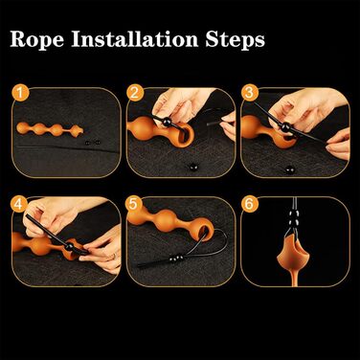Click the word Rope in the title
tap(36, 39)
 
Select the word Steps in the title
tap(235, 40)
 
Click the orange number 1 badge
tap(20, 93)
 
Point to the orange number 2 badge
tap(135, 93)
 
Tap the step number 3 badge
tap(249, 93)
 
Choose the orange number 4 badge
tap(18, 204)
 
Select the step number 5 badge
tap(133, 204)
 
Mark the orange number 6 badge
tap(249, 204)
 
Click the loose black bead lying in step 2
tap(193, 167)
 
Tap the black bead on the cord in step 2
tap(168, 122)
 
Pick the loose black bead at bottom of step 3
tap(289, 169)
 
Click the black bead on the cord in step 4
tap(70, 247)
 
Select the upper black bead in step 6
tap(294, 214)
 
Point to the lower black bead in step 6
tap(294, 221)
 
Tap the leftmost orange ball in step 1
tap(24, 127)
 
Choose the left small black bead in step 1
tap(88, 144)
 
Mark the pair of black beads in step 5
tap(176, 258)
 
